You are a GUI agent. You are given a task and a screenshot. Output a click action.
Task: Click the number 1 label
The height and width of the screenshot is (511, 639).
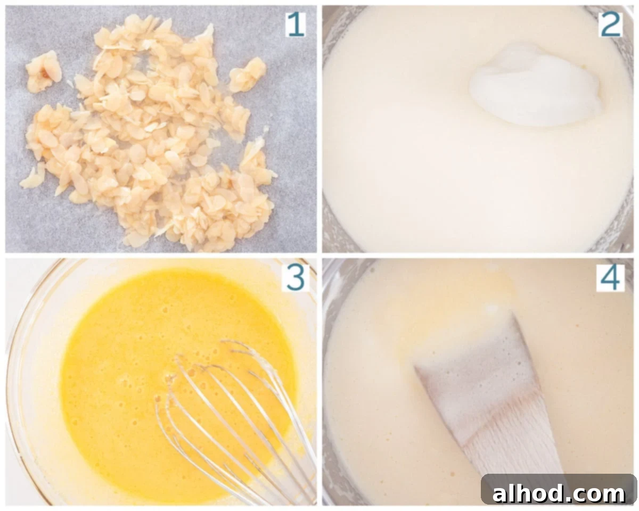tap(296, 25)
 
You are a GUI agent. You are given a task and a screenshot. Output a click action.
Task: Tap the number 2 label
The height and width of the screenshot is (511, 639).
tap(610, 24)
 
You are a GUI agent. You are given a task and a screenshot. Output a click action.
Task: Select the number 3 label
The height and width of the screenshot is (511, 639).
tap(296, 278)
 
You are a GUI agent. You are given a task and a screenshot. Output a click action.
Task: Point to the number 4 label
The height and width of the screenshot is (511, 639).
tap(610, 278)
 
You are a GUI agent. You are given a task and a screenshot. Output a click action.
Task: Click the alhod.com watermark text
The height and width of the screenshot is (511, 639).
tap(558, 493)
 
